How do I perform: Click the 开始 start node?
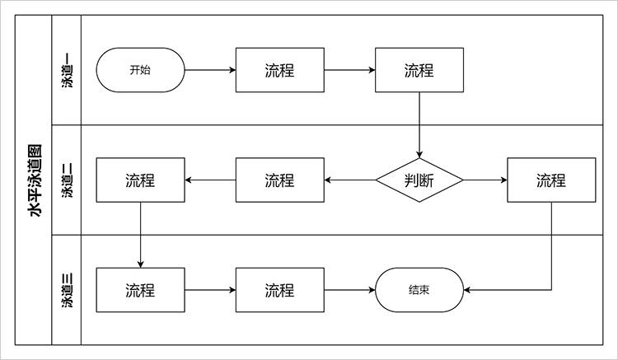(140, 70)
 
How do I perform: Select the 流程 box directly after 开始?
(279, 70)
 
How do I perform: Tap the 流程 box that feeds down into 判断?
(419, 70)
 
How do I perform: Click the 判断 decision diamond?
(419, 180)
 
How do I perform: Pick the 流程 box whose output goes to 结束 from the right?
(550, 180)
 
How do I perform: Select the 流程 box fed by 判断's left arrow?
(279, 180)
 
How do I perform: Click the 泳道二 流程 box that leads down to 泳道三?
(140, 180)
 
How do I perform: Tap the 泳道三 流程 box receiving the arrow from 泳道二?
(140, 290)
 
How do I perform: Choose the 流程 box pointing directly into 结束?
(279, 290)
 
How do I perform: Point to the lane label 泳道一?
(67, 70)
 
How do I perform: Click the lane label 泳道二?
(67, 180)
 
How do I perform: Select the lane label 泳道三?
(67, 290)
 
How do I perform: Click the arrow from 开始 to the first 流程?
(210, 70)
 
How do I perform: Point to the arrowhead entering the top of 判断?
(419, 154)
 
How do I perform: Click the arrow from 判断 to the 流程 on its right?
(485, 180)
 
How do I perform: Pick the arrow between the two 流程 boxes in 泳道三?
(210, 290)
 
